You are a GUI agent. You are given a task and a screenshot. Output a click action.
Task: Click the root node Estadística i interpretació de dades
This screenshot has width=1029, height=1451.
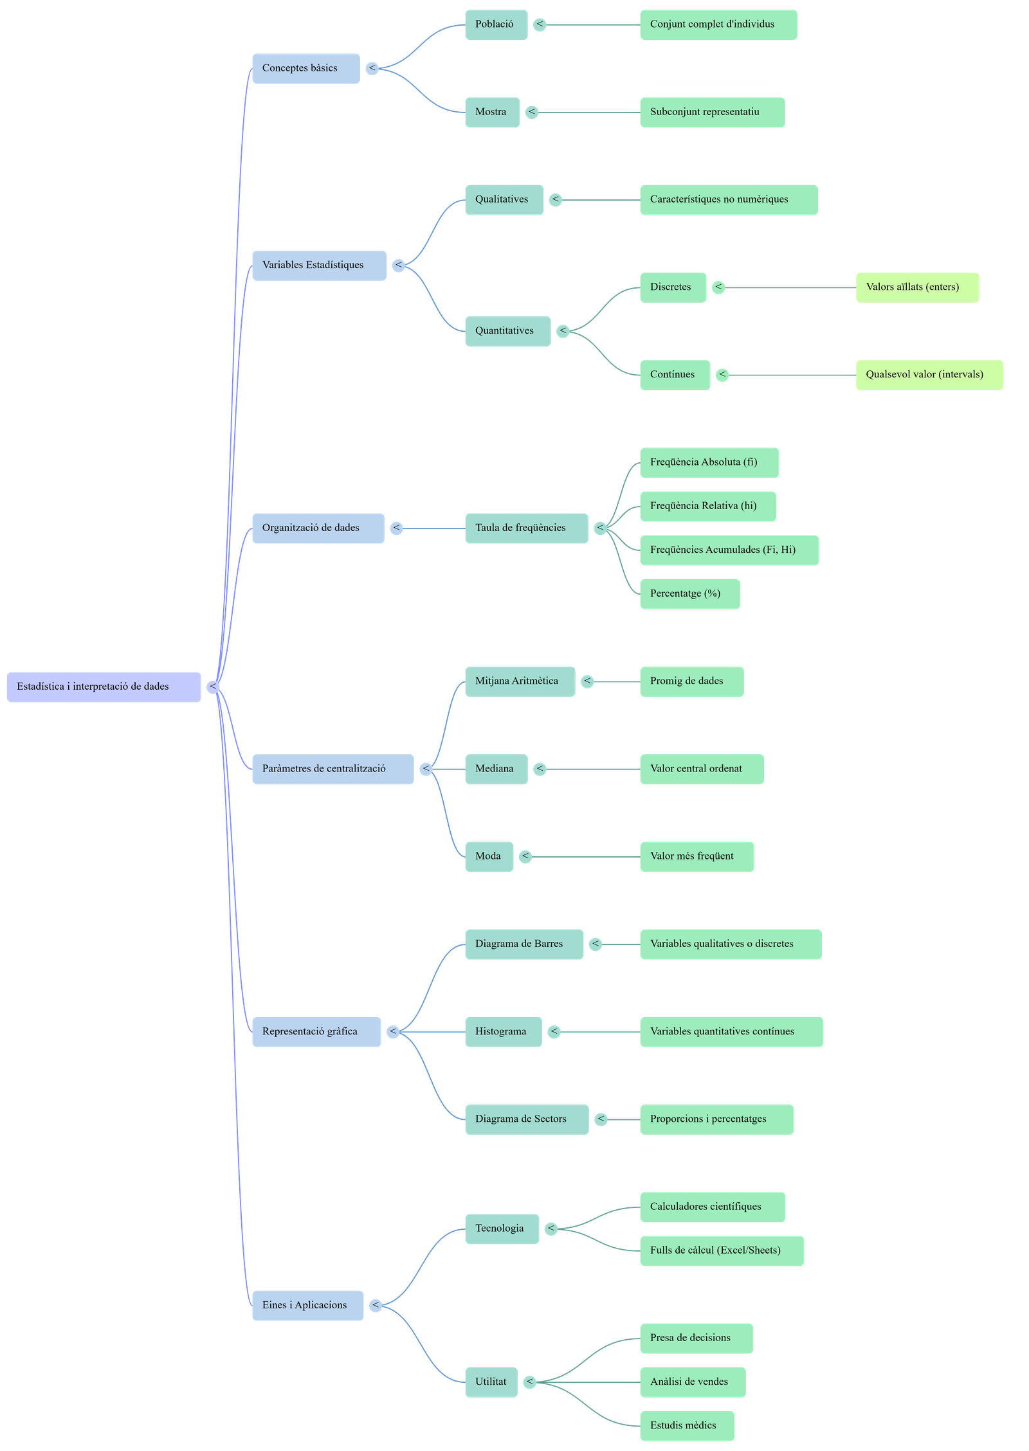click(104, 687)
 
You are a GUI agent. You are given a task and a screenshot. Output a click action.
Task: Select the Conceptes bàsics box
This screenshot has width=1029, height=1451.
click(305, 68)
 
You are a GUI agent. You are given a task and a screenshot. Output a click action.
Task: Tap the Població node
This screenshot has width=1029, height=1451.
click(495, 24)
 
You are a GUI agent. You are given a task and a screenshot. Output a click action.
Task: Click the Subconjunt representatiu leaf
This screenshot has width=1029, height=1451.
click(712, 112)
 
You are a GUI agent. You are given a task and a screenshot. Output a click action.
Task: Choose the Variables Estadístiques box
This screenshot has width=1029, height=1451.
click(319, 265)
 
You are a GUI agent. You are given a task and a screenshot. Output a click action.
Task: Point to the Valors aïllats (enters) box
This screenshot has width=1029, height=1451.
click(917, 287)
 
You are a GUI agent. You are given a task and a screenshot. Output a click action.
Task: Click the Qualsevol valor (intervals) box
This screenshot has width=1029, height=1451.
click(929, 375)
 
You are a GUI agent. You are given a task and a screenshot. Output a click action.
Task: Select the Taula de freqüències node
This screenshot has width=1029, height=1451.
click(525, 528)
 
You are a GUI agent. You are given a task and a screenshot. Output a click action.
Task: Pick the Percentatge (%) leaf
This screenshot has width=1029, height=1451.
click(689, 593)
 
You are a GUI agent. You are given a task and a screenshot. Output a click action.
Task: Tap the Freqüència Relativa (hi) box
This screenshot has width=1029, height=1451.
click(707, 506)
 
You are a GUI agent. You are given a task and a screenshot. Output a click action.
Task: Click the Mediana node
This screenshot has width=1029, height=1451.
click(496, 769)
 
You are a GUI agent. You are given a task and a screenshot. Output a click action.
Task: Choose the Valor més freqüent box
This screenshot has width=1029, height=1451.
click(697, 856)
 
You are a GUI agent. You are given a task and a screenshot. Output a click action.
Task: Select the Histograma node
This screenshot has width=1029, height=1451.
click(503, 1031)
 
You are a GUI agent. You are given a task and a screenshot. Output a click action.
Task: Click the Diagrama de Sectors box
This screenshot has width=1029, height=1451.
click(526, 1119)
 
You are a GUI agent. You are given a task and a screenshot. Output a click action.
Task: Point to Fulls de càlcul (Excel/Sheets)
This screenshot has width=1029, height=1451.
click(721, 1250)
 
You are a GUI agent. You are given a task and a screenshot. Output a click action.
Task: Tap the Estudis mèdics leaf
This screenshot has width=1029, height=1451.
click(687, 1426)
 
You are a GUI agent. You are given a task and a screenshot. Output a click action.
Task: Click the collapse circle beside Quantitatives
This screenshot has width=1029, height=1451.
click(563, 331)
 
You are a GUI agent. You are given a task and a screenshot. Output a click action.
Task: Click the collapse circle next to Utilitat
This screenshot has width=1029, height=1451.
click(530, 1382)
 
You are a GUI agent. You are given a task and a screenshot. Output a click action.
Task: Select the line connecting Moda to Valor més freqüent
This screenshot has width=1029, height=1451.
click(585, 856)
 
